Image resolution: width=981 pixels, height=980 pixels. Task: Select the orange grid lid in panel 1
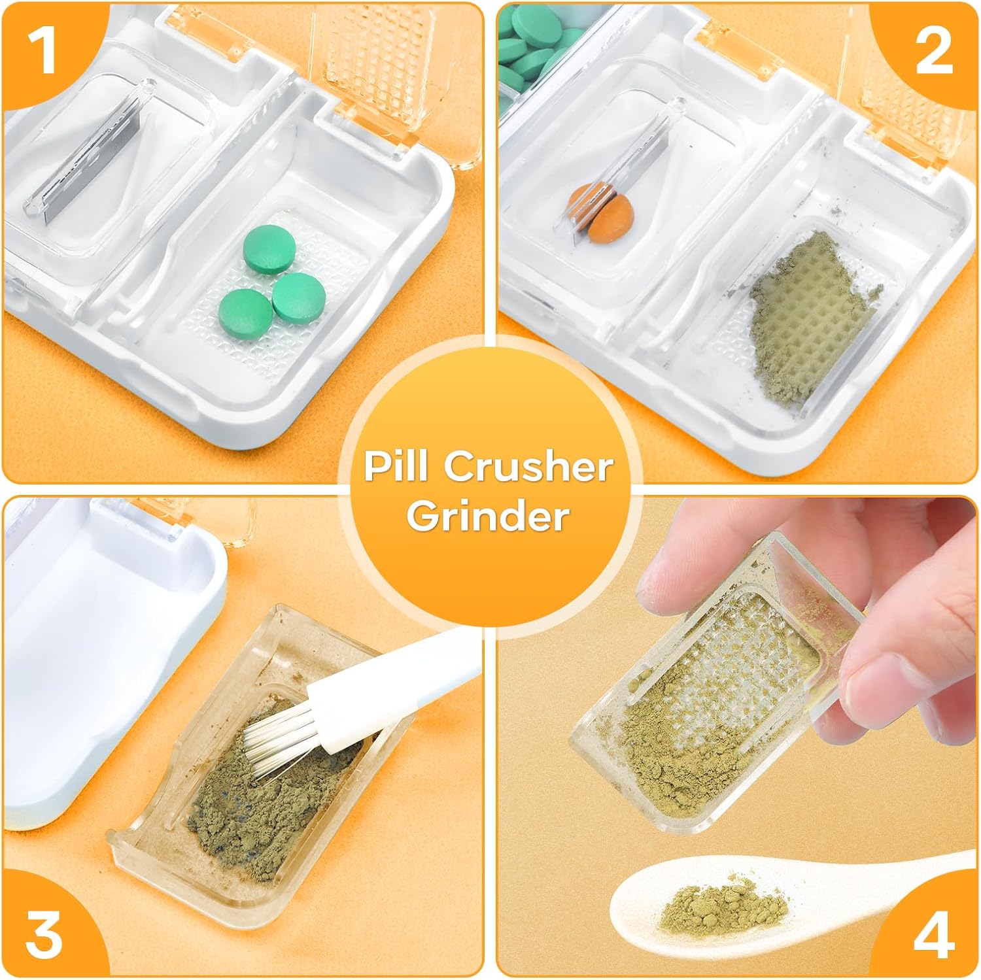point(376,72)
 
